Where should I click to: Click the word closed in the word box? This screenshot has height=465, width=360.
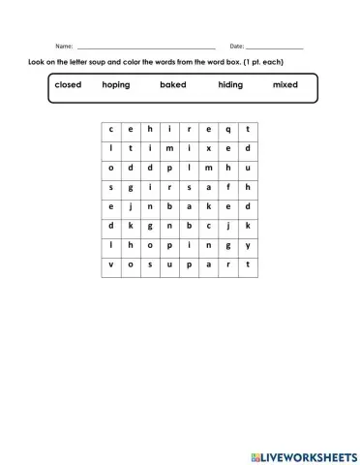point(68,85)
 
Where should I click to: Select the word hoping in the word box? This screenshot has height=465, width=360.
point(115,85)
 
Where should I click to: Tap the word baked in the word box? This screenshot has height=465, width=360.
point(173,85)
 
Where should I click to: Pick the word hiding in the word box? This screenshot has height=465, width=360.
point(230,85)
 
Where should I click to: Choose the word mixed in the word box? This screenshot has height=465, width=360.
point(285,85)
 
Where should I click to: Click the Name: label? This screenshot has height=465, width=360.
point(64,46)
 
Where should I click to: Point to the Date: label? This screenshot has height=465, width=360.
point(237,46)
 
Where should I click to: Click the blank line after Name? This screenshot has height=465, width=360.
point(145,47)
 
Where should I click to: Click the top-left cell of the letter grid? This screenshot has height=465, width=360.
point(111,129)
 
